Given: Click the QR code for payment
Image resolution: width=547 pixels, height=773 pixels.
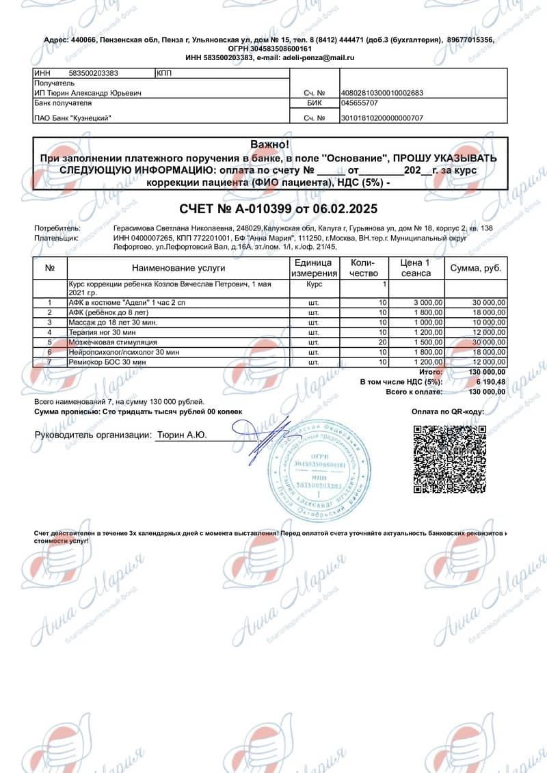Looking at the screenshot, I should [x=449, y=459].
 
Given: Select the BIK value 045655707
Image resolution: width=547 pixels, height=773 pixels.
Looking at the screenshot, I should [x=359, y=103].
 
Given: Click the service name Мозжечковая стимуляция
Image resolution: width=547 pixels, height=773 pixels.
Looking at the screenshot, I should [x=113, y=341].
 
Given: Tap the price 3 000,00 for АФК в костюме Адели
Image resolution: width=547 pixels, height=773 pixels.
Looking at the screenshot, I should [x=429, y=302].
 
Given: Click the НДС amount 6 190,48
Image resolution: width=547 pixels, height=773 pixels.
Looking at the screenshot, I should [x=491, y=381].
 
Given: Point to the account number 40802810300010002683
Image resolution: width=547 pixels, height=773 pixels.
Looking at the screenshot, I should [x=382, y=93].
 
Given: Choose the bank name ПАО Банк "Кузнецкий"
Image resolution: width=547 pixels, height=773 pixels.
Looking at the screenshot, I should [x=72, y=118].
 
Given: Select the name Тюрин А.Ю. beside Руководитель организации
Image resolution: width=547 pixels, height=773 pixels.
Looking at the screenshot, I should [x=182, y=434].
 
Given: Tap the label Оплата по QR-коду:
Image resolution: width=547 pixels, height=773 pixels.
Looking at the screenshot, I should [x=448, y=412].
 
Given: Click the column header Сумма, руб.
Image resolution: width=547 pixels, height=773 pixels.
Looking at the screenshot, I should [x=476, y=268].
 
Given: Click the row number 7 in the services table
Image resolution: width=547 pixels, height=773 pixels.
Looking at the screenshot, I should [x=49, y=361].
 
